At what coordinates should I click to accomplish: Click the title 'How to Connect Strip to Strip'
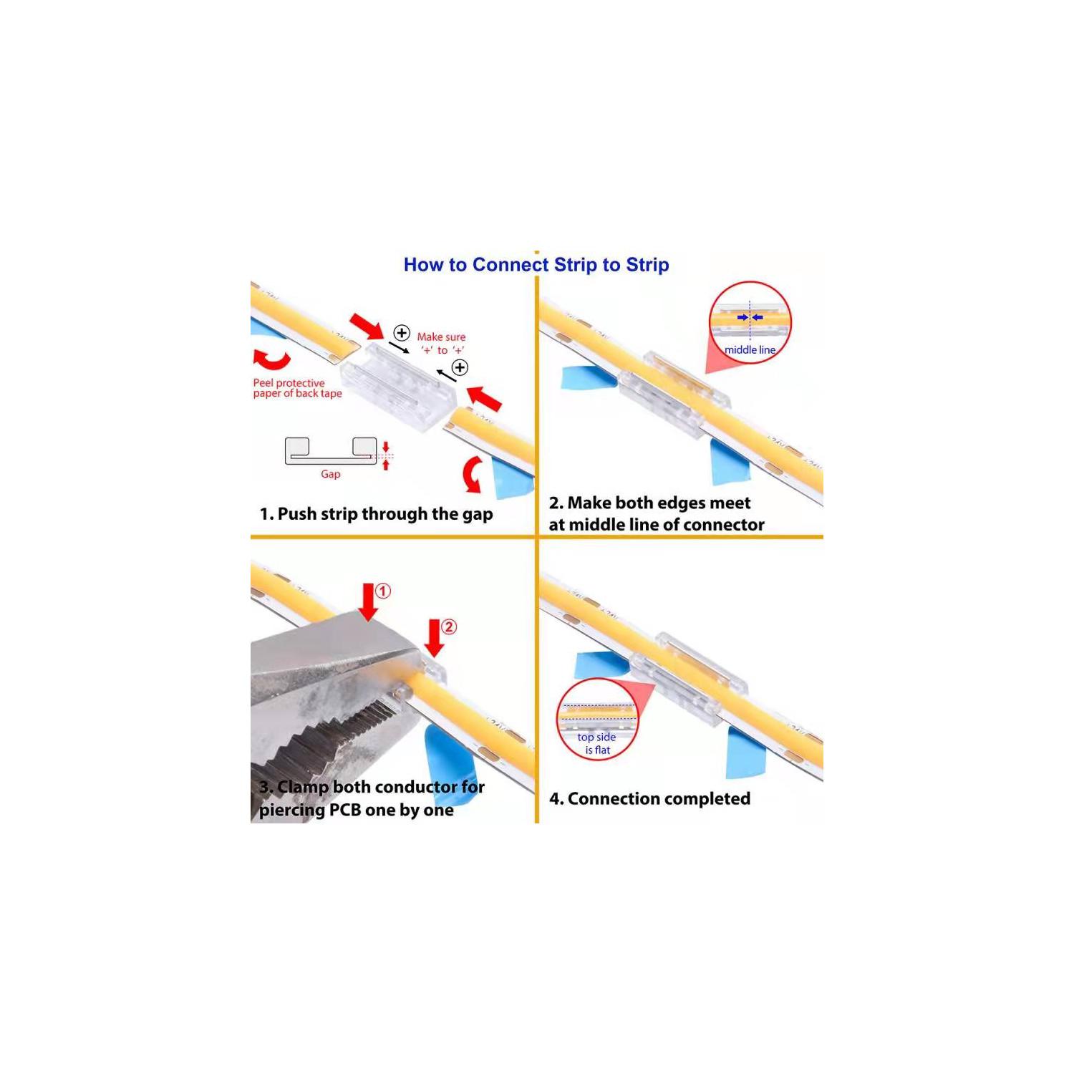(536, 265)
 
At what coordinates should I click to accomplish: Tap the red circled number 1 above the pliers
(383, 591)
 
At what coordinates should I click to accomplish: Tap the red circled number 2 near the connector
(449, 627)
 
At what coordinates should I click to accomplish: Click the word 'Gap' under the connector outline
(330, 474)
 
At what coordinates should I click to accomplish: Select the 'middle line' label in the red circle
(750, 350)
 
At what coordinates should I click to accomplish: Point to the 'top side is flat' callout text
(597, 743)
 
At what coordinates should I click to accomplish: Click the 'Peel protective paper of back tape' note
(297, 388)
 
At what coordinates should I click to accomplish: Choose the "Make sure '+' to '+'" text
(442, 343)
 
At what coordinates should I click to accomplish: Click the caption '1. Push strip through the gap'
(376, 514)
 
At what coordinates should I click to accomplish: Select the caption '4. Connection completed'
(649, 798)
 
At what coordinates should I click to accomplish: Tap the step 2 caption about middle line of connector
(657, 513)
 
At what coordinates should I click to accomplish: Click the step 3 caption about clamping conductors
(372, 798)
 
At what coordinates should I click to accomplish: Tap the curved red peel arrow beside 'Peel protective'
(272, 359)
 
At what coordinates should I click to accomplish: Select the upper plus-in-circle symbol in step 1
(402, 333)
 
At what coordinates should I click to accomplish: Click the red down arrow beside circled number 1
(369, 601)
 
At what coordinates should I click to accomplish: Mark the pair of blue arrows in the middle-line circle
(750, 317)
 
